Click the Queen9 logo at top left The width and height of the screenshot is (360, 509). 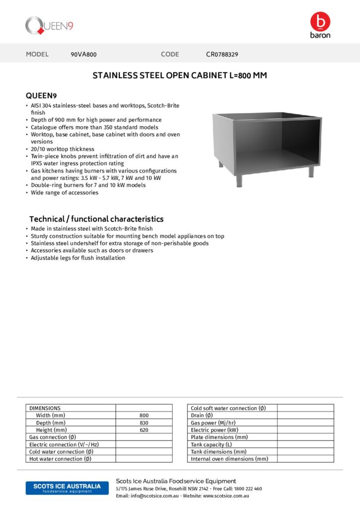49,26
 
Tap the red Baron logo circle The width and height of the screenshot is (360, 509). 320,21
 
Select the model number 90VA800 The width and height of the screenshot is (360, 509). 84,54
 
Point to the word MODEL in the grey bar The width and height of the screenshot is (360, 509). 37,54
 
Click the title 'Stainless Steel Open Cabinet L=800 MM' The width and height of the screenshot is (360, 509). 180,76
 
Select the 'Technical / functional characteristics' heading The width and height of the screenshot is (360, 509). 96,219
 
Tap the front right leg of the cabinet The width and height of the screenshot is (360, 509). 311,171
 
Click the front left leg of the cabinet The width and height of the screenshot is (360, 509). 239,180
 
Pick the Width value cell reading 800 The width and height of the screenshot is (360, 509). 144,416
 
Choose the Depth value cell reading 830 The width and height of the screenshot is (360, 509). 144,423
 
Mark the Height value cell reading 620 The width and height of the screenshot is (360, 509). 144,430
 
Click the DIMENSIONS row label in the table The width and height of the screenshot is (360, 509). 45,408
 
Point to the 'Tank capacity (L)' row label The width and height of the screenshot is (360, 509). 211,444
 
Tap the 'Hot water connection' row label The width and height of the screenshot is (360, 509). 60,459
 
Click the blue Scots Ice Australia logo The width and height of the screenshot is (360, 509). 67,488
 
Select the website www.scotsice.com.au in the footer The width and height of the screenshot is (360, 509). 226,496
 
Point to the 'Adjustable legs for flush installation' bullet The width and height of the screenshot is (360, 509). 78,258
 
